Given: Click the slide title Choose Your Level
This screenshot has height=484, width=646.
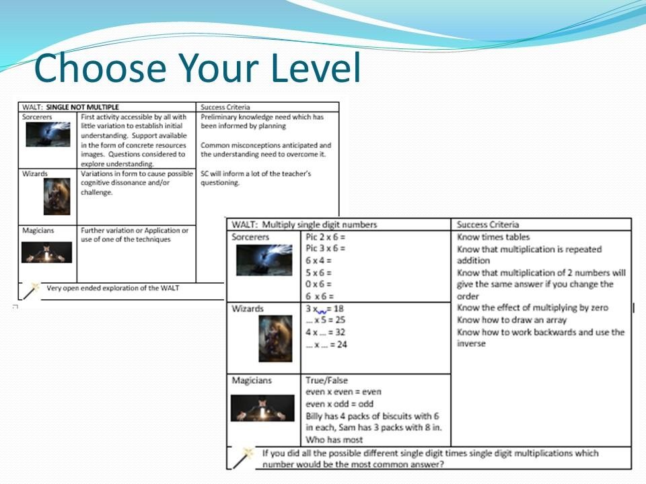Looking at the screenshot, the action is [197, 67].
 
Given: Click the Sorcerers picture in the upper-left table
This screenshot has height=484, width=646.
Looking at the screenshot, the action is [48, 134].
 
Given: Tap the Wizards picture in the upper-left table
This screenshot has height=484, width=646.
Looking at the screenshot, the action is [57, 197].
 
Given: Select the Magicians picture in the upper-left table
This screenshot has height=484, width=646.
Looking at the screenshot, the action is [46, 252].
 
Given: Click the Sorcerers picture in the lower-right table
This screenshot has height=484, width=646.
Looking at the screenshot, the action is [264, 260].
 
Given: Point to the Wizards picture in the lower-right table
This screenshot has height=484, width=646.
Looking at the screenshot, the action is [276, 339].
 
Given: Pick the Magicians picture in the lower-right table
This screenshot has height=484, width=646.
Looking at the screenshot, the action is [262, 408].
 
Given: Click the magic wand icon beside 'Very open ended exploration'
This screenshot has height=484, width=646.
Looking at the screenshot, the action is [31, 290].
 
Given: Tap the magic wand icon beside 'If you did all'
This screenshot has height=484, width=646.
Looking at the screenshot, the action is [243, 458].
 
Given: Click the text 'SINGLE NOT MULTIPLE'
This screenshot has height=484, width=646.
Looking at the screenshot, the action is [82, 107].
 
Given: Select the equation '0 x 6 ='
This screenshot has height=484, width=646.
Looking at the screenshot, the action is [318, 284].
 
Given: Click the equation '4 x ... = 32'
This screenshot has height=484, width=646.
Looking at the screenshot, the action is [326, 332].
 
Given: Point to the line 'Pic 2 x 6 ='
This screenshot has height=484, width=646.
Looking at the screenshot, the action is [326, 237].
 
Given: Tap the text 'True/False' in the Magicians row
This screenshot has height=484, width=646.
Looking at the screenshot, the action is [327, 380].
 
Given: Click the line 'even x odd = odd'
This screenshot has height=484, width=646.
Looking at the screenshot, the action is [339, 404].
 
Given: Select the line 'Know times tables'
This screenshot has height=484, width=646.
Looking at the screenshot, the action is [493, 237].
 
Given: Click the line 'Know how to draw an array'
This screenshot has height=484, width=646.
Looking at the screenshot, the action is [511, 320].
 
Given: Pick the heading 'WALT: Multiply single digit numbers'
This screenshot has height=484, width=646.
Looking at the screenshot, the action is [304, 225].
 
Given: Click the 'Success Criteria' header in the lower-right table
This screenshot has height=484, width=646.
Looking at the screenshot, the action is [488, 225].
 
